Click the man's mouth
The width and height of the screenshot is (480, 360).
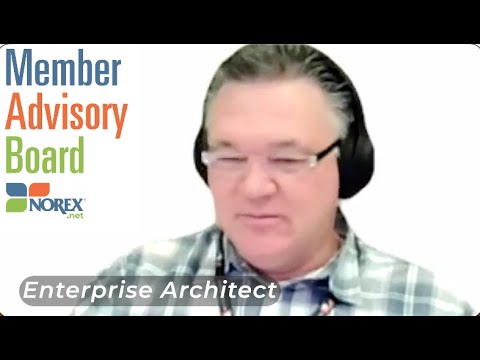[263, 208]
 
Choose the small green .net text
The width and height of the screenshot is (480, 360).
[75, 215]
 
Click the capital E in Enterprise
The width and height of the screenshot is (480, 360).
[29, 291]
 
